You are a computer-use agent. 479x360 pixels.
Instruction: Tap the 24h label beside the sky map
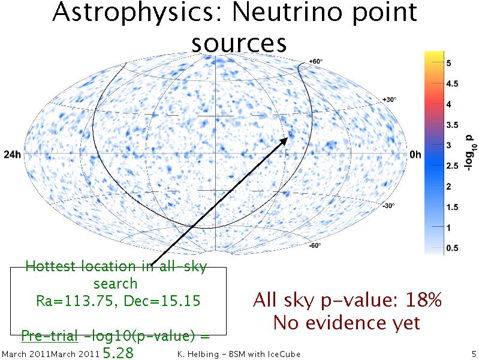12,155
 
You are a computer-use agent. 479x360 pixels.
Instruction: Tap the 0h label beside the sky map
415,155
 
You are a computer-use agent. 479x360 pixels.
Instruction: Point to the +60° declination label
315,61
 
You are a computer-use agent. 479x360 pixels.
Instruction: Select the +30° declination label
390,100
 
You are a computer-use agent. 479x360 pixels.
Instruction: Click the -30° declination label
388,206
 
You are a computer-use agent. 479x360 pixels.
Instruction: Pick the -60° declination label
315,245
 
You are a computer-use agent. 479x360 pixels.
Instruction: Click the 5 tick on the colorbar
448,64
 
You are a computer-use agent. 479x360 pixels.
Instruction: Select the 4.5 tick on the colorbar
452,84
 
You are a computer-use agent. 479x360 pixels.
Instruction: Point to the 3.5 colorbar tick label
452,125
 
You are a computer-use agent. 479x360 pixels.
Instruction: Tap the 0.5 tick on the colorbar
452,248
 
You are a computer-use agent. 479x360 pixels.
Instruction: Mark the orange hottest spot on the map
291,134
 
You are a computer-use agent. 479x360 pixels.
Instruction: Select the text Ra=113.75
74,301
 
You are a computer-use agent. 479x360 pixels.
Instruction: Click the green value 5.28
118,353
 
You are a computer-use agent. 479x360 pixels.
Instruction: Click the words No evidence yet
347,322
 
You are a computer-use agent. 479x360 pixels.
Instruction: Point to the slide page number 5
474,354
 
